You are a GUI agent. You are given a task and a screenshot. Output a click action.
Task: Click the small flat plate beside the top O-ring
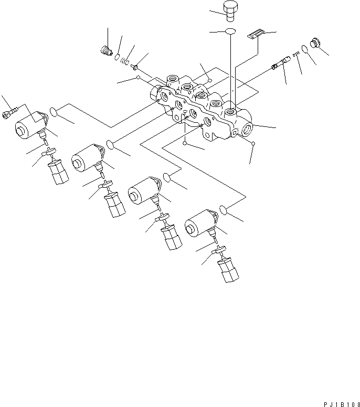[x=253, y=35]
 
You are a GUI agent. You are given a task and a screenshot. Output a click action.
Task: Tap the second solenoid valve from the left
[x=86, y=156]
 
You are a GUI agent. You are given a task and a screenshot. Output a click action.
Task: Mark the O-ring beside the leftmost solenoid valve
[x=54, y=111]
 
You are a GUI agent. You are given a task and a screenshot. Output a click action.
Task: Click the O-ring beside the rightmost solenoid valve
[x=224, y=209]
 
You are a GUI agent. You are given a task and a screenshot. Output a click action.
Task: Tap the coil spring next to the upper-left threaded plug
[x=125, y=61]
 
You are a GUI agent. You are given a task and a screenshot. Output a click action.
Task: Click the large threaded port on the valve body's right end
[x=247, y=128]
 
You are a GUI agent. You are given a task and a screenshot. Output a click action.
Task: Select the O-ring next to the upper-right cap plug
[x=304, y=49]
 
